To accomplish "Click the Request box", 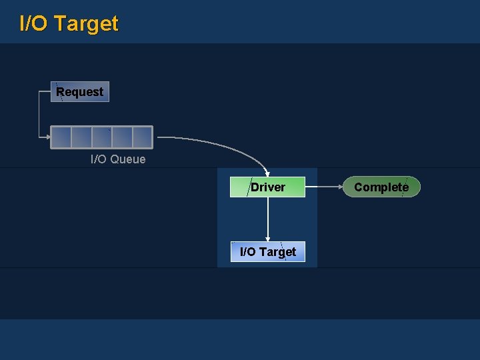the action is [x=80, y=92].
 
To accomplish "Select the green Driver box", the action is [x=267, y=187].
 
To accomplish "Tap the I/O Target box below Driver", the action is [x=267, y=251].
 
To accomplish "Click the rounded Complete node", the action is [x=381, y=187].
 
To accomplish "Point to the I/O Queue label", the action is [x=118, y=159].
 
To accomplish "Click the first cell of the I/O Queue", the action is [x=61, y=137].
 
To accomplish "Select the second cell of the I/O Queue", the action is [x=81, y=137].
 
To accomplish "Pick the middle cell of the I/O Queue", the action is [x=102, y=137].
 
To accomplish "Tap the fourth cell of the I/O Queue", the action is [x=122, y=137].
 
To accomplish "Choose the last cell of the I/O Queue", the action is [x=142, y=137].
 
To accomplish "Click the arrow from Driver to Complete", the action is [x=323, y=187].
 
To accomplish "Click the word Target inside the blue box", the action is [x=277, y=251].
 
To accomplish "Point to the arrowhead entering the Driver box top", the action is [x=267, y=174].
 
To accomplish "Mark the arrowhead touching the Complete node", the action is [x=340, y=187].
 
